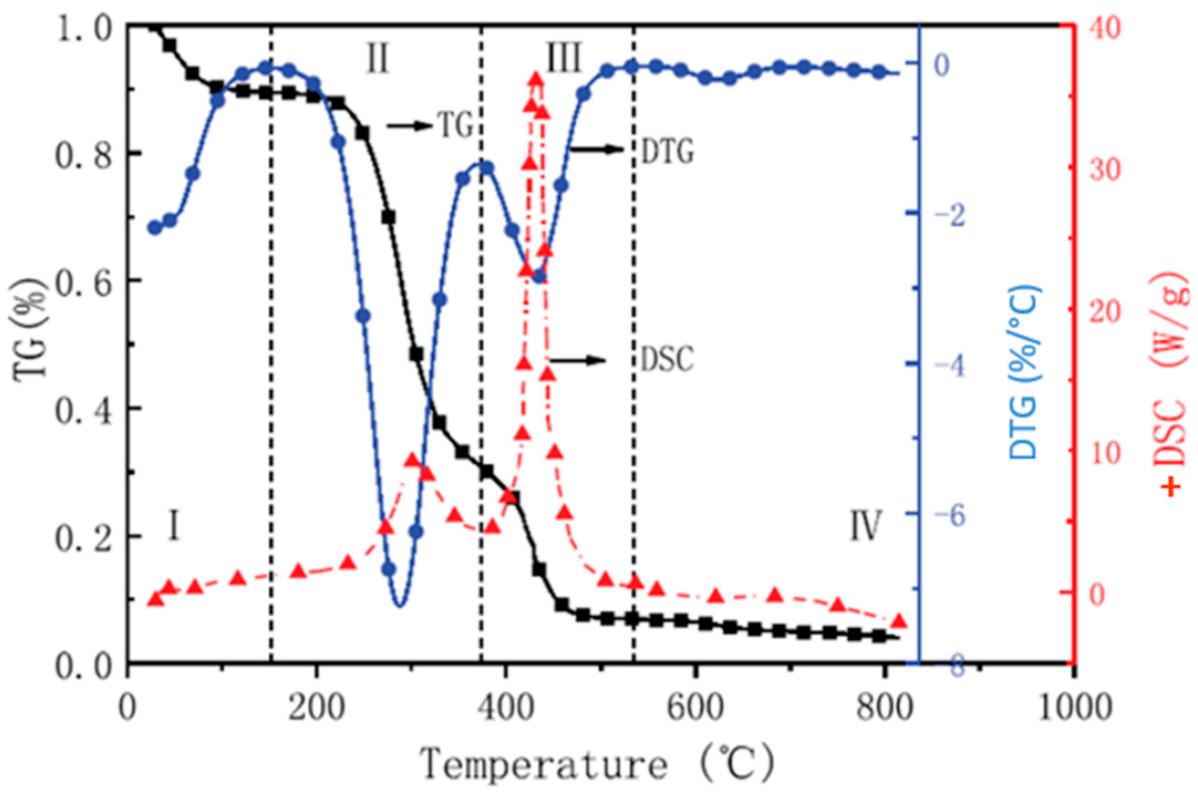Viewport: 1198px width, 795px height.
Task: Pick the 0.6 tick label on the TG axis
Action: [80, 281]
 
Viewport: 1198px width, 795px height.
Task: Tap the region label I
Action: [173, 525]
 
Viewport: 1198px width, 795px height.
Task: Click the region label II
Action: [376, 60]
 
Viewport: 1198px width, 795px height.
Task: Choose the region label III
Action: [563, 59]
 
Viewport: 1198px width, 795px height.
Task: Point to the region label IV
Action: [864, 527]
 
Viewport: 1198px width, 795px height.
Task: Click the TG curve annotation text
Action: [453, 125]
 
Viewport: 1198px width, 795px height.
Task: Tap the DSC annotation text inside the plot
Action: [663, 360]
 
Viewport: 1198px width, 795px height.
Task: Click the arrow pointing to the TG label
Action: [408, 125]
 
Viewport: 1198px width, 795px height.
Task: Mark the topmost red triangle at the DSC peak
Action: [535, 79]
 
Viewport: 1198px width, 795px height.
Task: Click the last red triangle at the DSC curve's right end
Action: [899, 621]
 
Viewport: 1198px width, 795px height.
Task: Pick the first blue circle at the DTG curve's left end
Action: [154, 228]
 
